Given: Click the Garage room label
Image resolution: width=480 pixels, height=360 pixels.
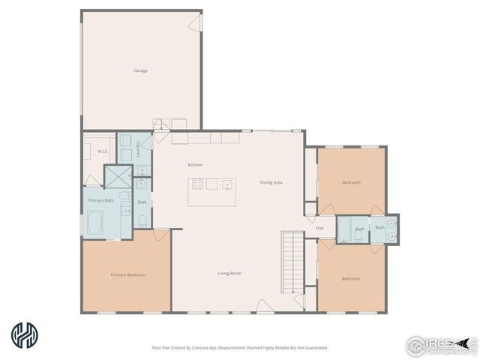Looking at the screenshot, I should (140, 71).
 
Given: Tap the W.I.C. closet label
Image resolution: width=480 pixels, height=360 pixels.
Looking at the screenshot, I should (103, 151).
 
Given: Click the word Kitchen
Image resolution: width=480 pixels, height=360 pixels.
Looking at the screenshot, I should (195, 165).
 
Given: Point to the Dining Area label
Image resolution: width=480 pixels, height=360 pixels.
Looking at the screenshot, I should (271, 182).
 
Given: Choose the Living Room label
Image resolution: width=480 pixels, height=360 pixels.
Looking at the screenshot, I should (229, 274).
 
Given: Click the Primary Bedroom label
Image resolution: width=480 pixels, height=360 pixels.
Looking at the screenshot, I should (127, 275).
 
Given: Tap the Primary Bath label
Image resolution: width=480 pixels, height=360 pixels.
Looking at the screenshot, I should (100, 200).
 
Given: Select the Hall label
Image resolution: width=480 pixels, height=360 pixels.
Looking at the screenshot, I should (319, 228).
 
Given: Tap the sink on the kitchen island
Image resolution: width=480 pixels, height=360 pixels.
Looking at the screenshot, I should (226, 184).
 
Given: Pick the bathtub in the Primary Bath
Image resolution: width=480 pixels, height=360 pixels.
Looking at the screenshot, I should (97, 223).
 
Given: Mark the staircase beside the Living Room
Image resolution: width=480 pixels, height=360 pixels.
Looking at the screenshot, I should (291, 262).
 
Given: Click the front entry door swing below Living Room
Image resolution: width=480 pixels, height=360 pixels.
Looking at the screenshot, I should (265, 305).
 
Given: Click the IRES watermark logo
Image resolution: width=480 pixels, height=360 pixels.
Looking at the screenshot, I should (439, 344).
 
